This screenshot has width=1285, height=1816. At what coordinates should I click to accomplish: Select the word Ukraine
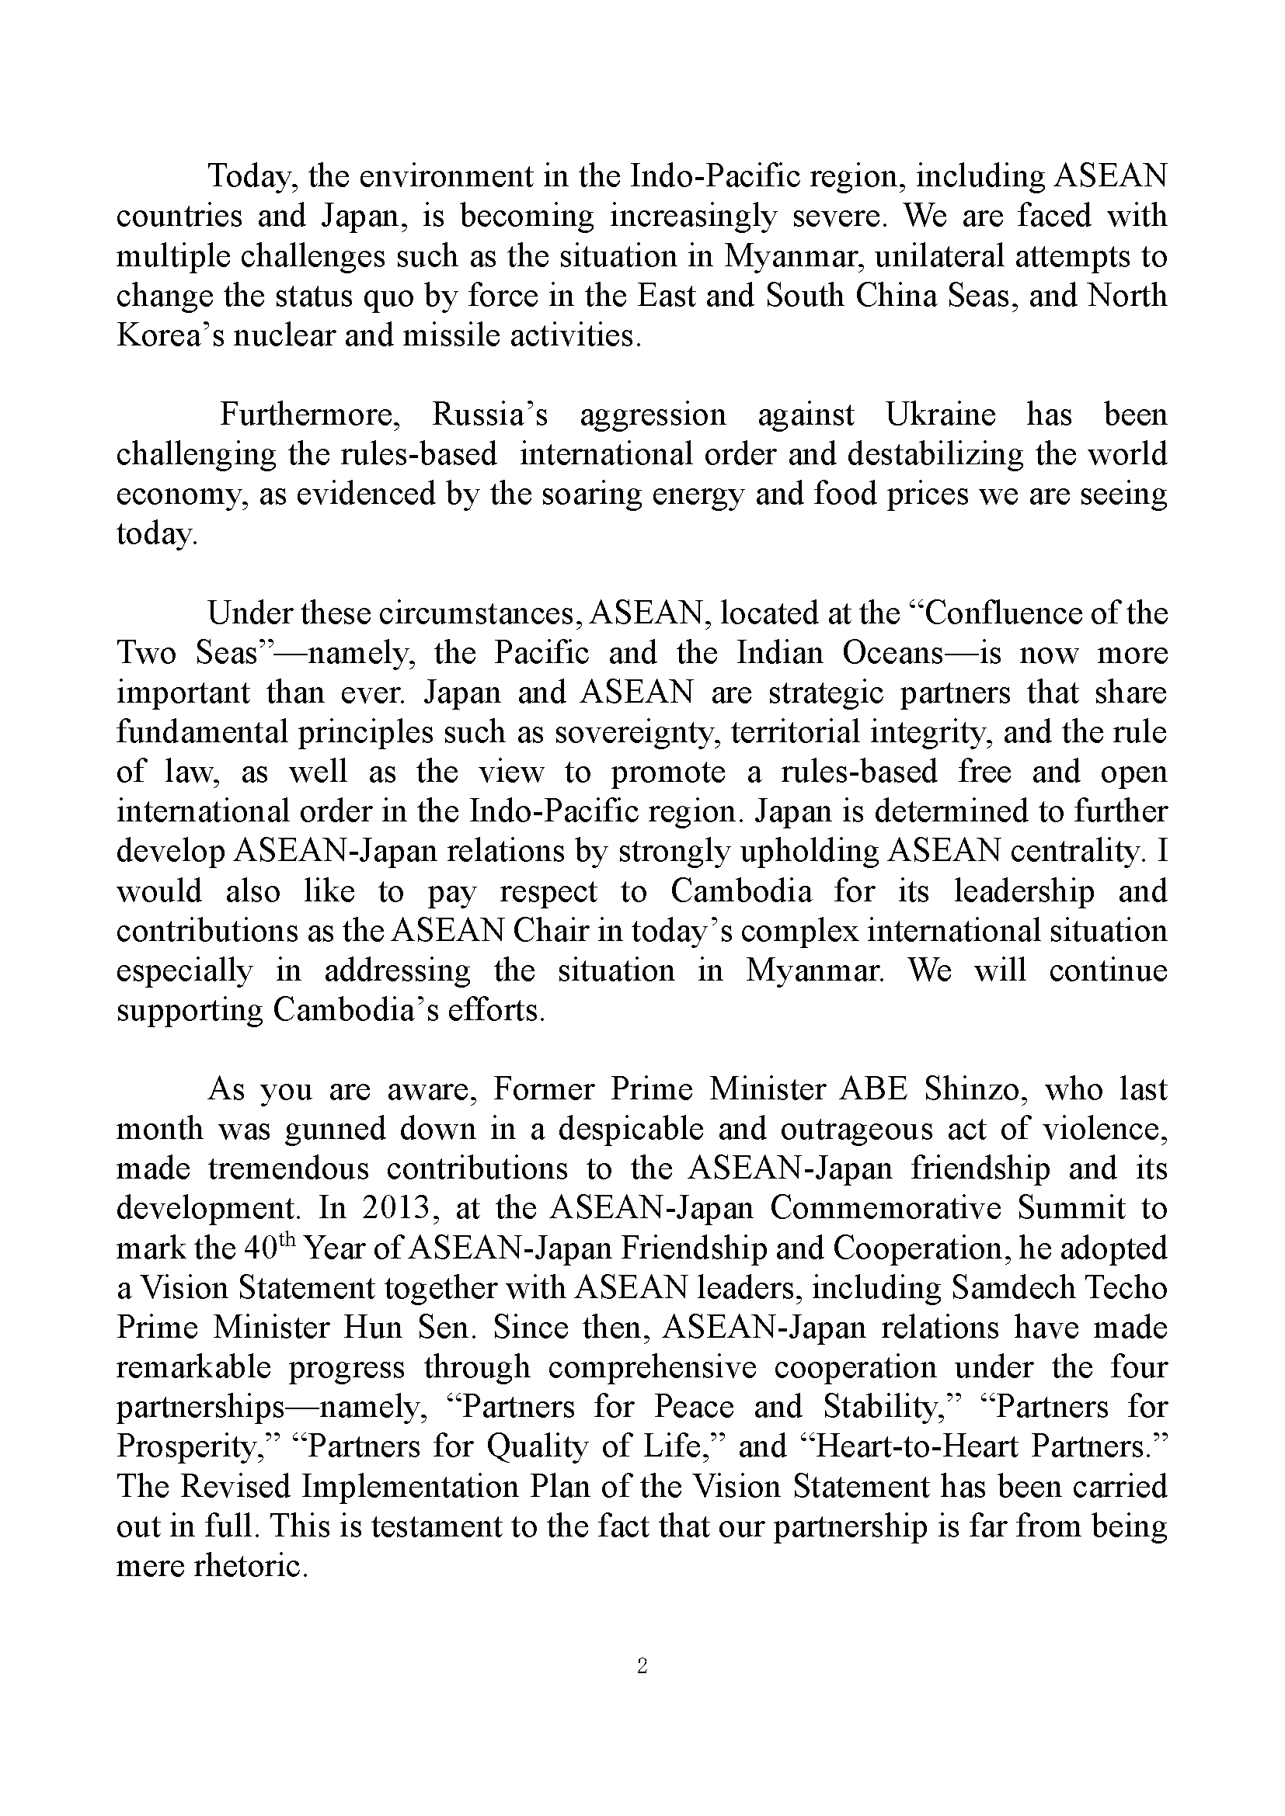click(940, 415)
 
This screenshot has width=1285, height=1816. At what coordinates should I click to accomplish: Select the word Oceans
click(893, 652)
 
